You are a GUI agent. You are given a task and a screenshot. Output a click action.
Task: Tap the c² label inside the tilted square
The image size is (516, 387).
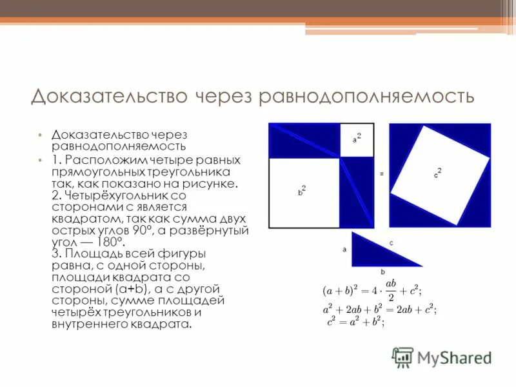(437, 174)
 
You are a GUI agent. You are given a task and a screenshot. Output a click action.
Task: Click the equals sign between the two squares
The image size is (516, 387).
(382, 174)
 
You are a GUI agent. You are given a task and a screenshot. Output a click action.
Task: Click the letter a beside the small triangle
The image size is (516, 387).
(344, 248)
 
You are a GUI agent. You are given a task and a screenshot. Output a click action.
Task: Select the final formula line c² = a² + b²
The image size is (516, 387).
(355, 322)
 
